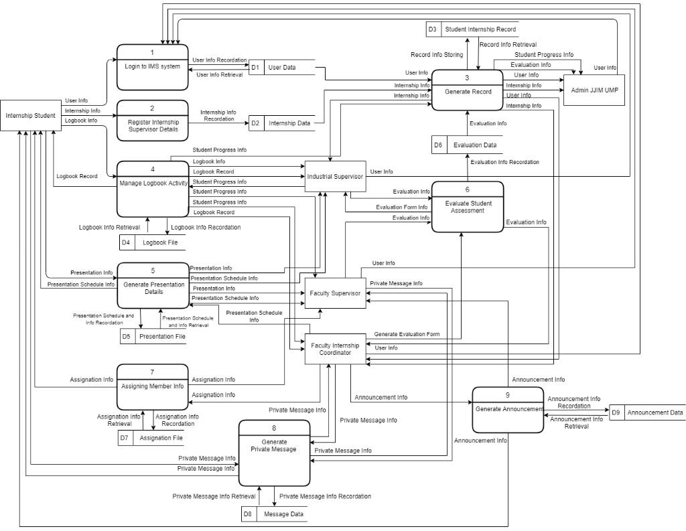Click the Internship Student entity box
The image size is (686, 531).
tap(31, 116)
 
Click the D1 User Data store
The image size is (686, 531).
tap(281, 68)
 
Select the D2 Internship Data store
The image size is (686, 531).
tap(281, 123)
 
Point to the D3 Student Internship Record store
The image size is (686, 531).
tap(472, 29)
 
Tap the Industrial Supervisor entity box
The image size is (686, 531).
tap(335, 177)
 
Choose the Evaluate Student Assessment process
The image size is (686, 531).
tap(467, 207)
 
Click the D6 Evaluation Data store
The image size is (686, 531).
tap(467, 145)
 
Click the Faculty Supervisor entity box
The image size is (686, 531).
tap(335, 293)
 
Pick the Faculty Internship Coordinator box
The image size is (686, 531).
tap(335, 349)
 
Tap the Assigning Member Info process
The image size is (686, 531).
tap(152, 386)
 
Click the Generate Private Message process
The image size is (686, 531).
tap(274, 453)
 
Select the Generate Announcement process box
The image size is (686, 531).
tap(507, 410)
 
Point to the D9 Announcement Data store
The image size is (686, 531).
tap(647, 413)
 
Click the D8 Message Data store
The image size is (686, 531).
tap(274, 514)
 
